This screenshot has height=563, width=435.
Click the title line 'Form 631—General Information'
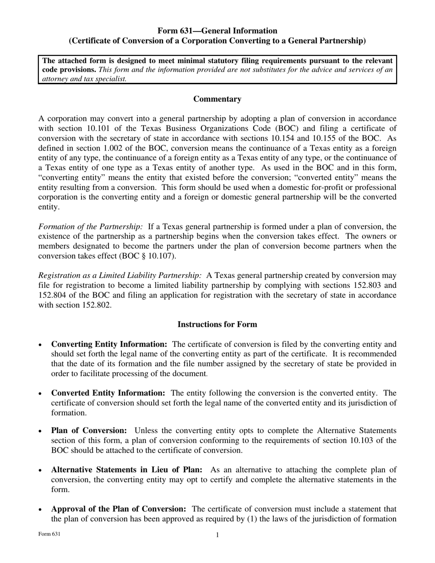pos(217,31)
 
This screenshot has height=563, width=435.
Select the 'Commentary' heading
pos(217,99)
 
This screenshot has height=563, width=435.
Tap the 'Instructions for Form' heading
pos(217,324)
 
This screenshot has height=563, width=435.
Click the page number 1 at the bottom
pos(217,535)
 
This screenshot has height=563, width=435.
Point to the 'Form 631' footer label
pos(49,534)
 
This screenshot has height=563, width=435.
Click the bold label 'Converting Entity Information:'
pos(109,344)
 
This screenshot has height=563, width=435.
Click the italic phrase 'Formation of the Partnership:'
pos(90,226)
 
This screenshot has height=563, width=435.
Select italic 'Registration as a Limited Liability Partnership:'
pos(120,275)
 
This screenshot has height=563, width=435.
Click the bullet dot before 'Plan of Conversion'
pos(41,431)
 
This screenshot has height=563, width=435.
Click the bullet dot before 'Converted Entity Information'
pos(41,394)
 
